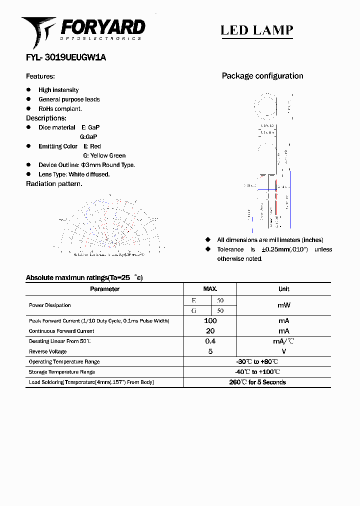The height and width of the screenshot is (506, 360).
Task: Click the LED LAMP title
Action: pyautogui.click(x=256, y=30)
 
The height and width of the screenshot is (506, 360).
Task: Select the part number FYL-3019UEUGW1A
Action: pyautogui.click(x=65, y=57)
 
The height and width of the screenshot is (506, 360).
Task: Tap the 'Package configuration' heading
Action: pyautogui.click(x=262, y=76)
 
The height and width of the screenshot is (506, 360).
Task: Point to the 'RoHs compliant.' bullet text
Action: pyautogui.click(x=60, y=108)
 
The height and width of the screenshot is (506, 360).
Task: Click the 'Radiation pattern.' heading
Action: pyautogui.click(x=54, y=183)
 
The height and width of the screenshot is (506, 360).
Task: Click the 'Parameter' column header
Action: pyautogui.click(x=104, y=289)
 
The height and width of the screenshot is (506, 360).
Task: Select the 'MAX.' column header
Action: pyautogui.click(x=210, y=289)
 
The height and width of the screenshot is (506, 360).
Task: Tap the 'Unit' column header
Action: pyautogui.click(x=283, y=289)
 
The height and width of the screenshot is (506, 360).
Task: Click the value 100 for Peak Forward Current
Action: pyautogui.click(x=210, y=320)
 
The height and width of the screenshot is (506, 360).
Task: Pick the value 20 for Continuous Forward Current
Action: pyautogui.click(x=210, y=331)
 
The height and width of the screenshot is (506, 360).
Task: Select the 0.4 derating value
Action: pyautogui.click(x=210, y=341)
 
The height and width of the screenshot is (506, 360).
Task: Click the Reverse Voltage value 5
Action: pyautogui.click(x=210, y=351)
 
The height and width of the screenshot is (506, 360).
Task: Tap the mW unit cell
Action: pyautogui.click(x=283, y=305)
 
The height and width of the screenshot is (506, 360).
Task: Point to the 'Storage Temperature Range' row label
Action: pyautogui.click(x=61, y=372)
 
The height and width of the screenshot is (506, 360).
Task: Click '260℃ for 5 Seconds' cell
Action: pyautogui.click(x=257, y=382)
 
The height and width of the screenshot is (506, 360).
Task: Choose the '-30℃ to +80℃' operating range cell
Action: pyautogui.click(x=257, y=361)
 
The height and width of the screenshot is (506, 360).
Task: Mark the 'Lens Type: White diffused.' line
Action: pyautogui.click(x=74, y=174)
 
